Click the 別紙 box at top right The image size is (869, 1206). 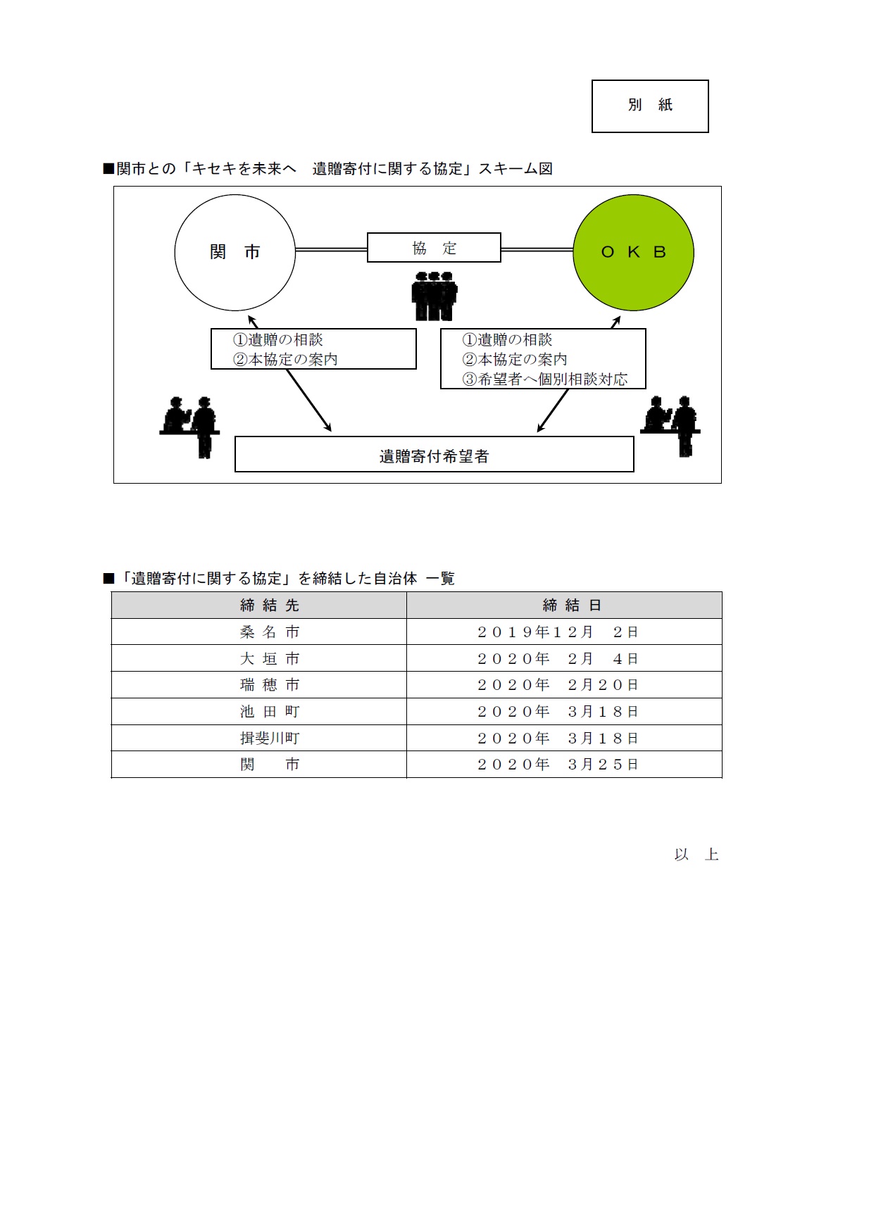pos(649,106)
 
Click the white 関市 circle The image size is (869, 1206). pos(235,252)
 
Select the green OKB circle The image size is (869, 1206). pos(633,252)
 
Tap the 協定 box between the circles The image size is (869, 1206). pos(434,248)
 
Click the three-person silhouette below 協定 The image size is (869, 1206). pos(434,296)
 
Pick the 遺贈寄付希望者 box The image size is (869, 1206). pos(434,455)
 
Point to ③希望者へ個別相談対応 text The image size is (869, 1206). pos(544,379)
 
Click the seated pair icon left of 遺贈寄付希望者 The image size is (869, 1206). pos(189,425)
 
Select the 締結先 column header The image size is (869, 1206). pos(270,605)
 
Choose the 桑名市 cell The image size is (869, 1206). pos(270,632)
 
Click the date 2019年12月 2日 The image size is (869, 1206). pos(558,632)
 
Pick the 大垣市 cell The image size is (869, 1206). pos(270,659)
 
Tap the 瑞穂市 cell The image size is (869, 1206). pos(270,685)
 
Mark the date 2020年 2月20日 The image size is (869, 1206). pos(558,685)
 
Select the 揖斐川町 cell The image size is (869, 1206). pos(270,739)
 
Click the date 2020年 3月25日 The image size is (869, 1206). pos(558,765)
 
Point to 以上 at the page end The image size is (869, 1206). pos(696,855)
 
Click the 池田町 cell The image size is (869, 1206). pos(270,712)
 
